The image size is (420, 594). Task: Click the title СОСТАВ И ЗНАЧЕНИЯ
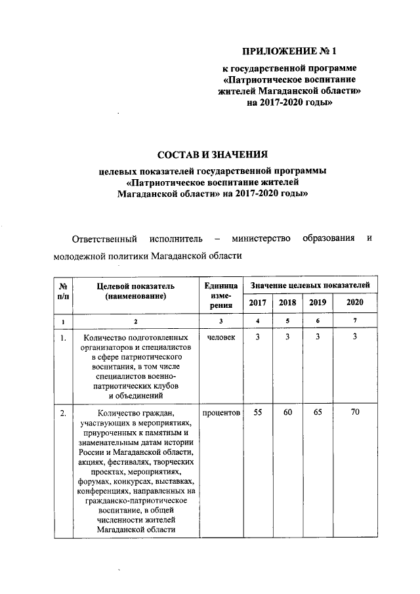click(213, 155)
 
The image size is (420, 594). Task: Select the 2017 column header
click(258, 303)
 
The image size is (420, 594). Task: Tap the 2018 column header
click(287, 303)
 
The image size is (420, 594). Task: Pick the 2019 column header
click(317, 303)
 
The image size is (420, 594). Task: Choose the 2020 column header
click(354, 303)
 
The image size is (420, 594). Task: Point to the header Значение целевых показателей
click(306, 286)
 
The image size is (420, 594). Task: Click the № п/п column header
click(64, 291)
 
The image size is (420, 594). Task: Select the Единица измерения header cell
click(217, 295)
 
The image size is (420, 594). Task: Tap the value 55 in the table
click(258, 413)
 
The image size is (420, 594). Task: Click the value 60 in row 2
click(287, 413)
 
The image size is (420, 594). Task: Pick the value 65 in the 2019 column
click(317, 413)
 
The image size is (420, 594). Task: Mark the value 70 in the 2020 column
click(354, 413)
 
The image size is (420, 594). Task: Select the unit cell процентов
click(220, 413)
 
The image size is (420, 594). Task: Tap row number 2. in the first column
click(63, 414)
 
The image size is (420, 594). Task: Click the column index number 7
click(354, 320)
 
